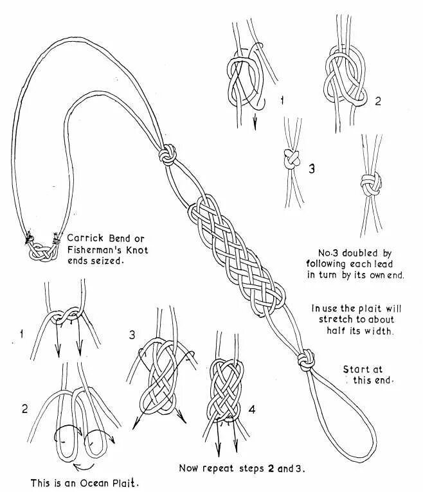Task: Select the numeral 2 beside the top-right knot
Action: pos(377,101)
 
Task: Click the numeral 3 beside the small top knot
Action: pos(312,169)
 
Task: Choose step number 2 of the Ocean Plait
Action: pos(24,409)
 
